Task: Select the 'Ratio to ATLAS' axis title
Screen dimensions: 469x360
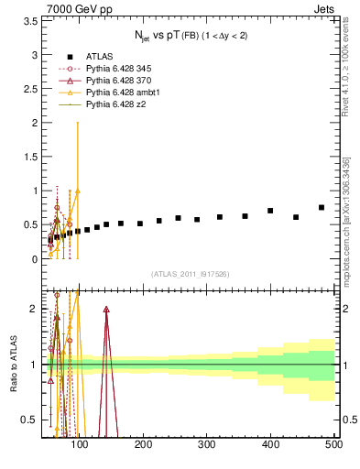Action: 14,365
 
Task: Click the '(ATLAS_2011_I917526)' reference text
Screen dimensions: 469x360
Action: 190,274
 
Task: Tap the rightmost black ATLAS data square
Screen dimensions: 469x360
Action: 322,208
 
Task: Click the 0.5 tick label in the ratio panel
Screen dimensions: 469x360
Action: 29,420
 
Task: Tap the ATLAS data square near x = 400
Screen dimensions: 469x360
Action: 270,211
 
